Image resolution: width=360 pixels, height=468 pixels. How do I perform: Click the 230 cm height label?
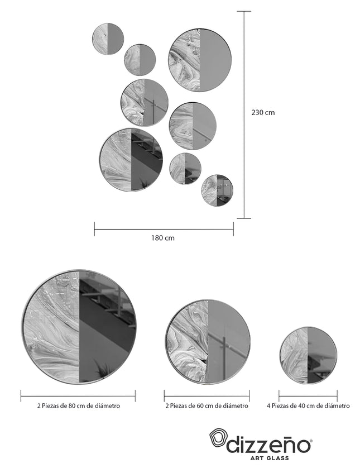[263, 112]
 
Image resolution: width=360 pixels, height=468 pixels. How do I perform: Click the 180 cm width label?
[162, 238]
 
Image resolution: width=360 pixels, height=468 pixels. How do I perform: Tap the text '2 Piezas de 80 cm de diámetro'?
[79, 405]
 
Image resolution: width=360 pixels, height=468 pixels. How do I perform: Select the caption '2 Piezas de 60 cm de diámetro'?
[207, 405]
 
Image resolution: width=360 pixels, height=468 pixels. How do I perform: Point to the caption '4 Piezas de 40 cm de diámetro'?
[308, 405]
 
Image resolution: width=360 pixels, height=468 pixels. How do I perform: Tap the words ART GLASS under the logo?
[270, 458]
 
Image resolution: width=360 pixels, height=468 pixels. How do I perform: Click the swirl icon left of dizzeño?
[218, 438]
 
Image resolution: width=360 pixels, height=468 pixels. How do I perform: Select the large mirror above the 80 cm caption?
[79, 327]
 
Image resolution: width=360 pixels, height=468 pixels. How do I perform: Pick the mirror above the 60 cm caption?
[207, 341]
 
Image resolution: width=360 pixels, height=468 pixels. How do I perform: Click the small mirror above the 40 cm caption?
[308, 355]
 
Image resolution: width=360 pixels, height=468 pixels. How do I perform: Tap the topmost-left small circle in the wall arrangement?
[108, 39]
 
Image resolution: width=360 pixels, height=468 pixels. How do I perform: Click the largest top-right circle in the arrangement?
[200, 60]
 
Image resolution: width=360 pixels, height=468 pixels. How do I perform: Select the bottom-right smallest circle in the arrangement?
[217, 190]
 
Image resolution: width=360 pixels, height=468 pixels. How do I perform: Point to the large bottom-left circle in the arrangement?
[131, 160]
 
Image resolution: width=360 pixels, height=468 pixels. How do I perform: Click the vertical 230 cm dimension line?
[244, 114]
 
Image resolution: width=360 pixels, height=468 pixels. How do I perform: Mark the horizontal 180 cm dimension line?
[164, 229]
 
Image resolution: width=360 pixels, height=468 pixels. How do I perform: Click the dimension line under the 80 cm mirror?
[78, 396]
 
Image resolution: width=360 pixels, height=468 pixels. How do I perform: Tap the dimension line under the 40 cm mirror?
[308, 396]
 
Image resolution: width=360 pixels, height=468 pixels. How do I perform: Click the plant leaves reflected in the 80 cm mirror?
[102, 370]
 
